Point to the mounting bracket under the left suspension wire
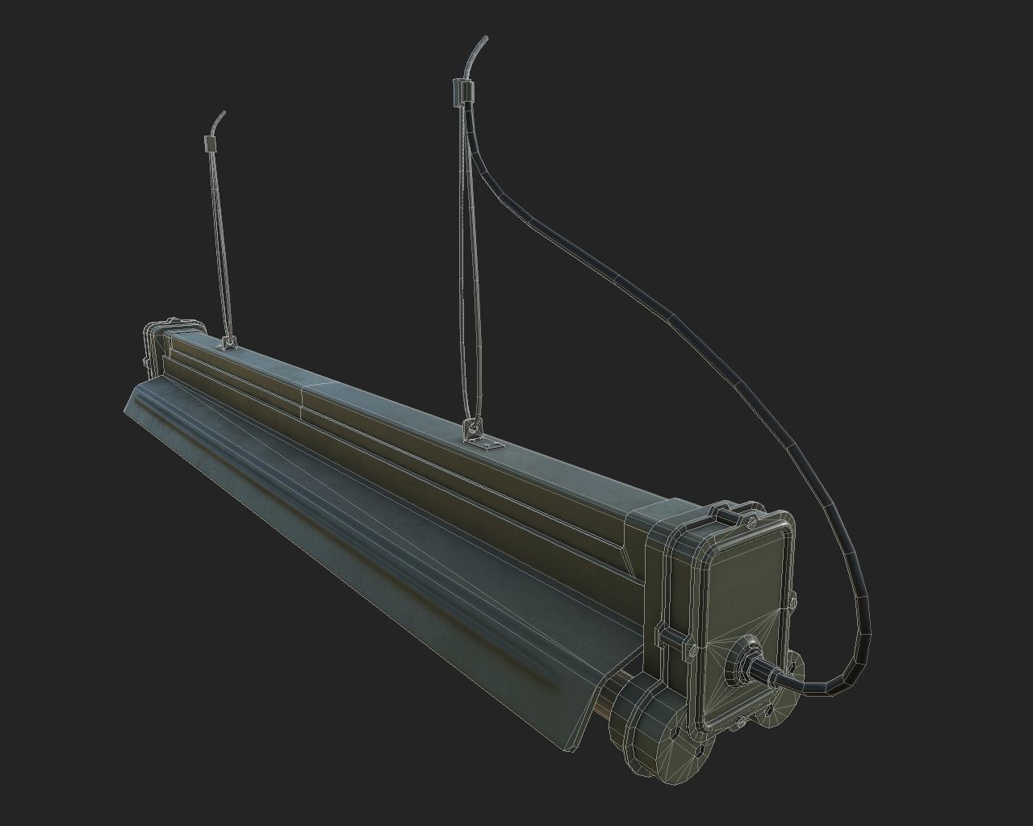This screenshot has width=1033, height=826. pos(228,344)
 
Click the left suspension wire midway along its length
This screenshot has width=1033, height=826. pos(220,242)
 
